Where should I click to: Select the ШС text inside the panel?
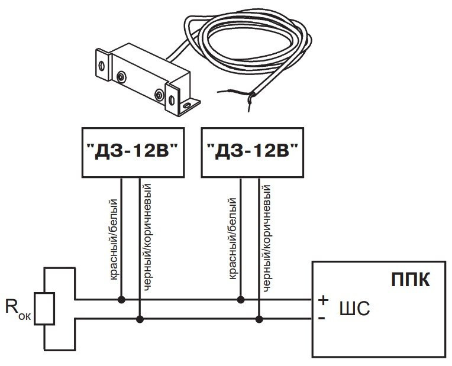[354, 309]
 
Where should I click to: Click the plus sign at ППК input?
[323, 300]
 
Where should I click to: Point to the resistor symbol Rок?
[44, 309]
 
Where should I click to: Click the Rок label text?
[16, 309]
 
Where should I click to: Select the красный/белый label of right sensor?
[233, 239]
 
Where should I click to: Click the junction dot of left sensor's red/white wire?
[121, 300]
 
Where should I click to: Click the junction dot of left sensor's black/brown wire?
[140, 319]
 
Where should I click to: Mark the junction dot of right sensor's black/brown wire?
[258, 319]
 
